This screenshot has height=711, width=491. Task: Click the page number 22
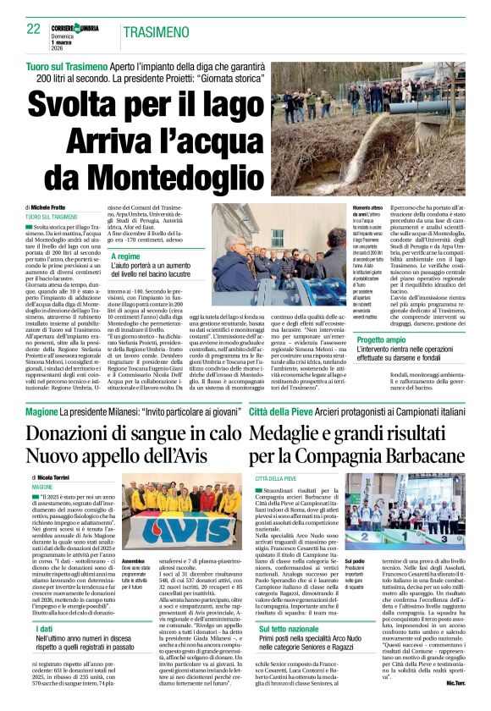point(34,29)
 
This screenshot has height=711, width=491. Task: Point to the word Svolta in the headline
point(77,105)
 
